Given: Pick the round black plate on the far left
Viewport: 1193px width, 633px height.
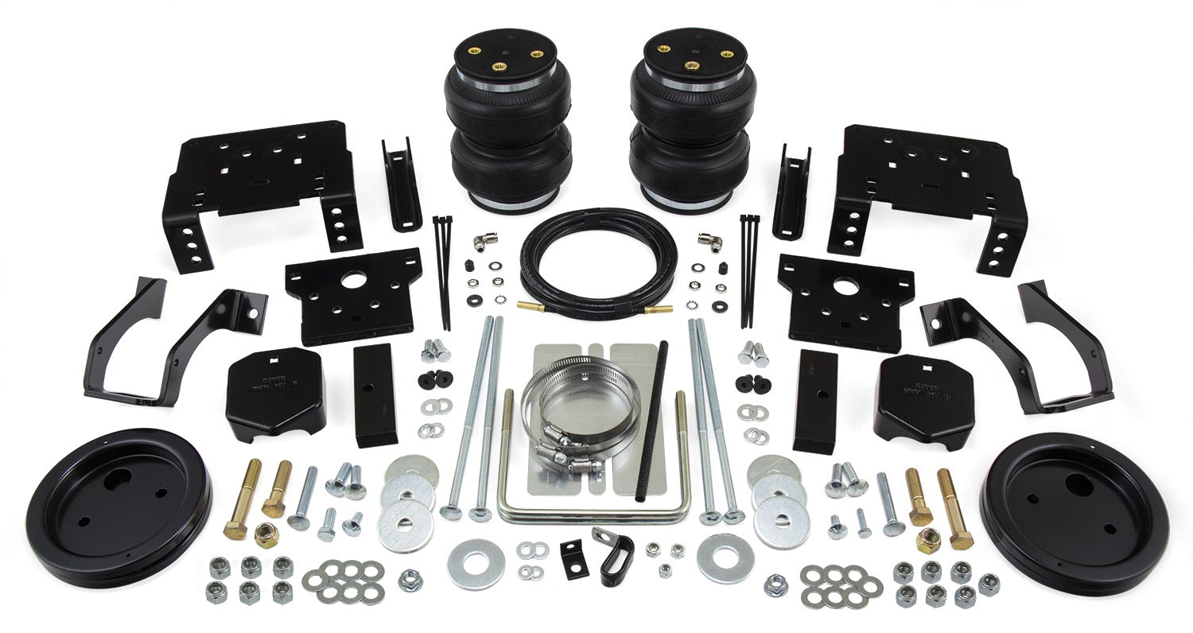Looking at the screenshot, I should click(x=119, y=509).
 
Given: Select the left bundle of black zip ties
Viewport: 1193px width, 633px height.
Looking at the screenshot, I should click(x=442, y=270).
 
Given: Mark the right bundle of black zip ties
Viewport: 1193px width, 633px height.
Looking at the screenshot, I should click(x=748, y=270).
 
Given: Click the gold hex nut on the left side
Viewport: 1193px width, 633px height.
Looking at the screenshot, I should click(x=266, y=534).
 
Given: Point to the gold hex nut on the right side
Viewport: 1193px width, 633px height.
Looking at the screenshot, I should click(x=928, y=541).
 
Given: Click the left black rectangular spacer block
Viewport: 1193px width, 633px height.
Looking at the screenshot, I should click(x=375, y=395).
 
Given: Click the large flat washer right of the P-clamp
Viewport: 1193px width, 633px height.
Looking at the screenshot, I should click(x=725, y=557).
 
